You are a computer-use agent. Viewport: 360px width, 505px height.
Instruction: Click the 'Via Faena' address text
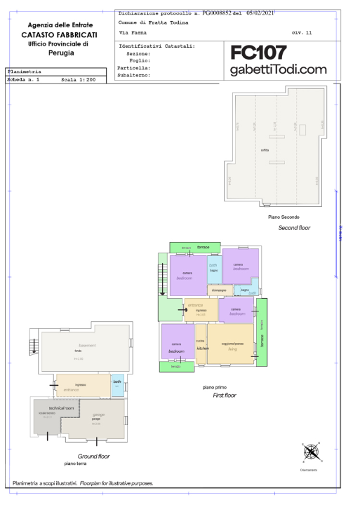coord(133,32)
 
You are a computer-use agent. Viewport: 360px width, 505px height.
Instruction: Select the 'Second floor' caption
coord(293,228)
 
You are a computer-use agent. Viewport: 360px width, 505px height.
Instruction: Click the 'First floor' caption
coord(224,396)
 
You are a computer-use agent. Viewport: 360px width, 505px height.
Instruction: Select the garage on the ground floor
coord(98,419)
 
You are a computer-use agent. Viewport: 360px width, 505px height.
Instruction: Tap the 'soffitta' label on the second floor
coord(265,149)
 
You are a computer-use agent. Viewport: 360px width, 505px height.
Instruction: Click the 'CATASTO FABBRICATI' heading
coord(59,34)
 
